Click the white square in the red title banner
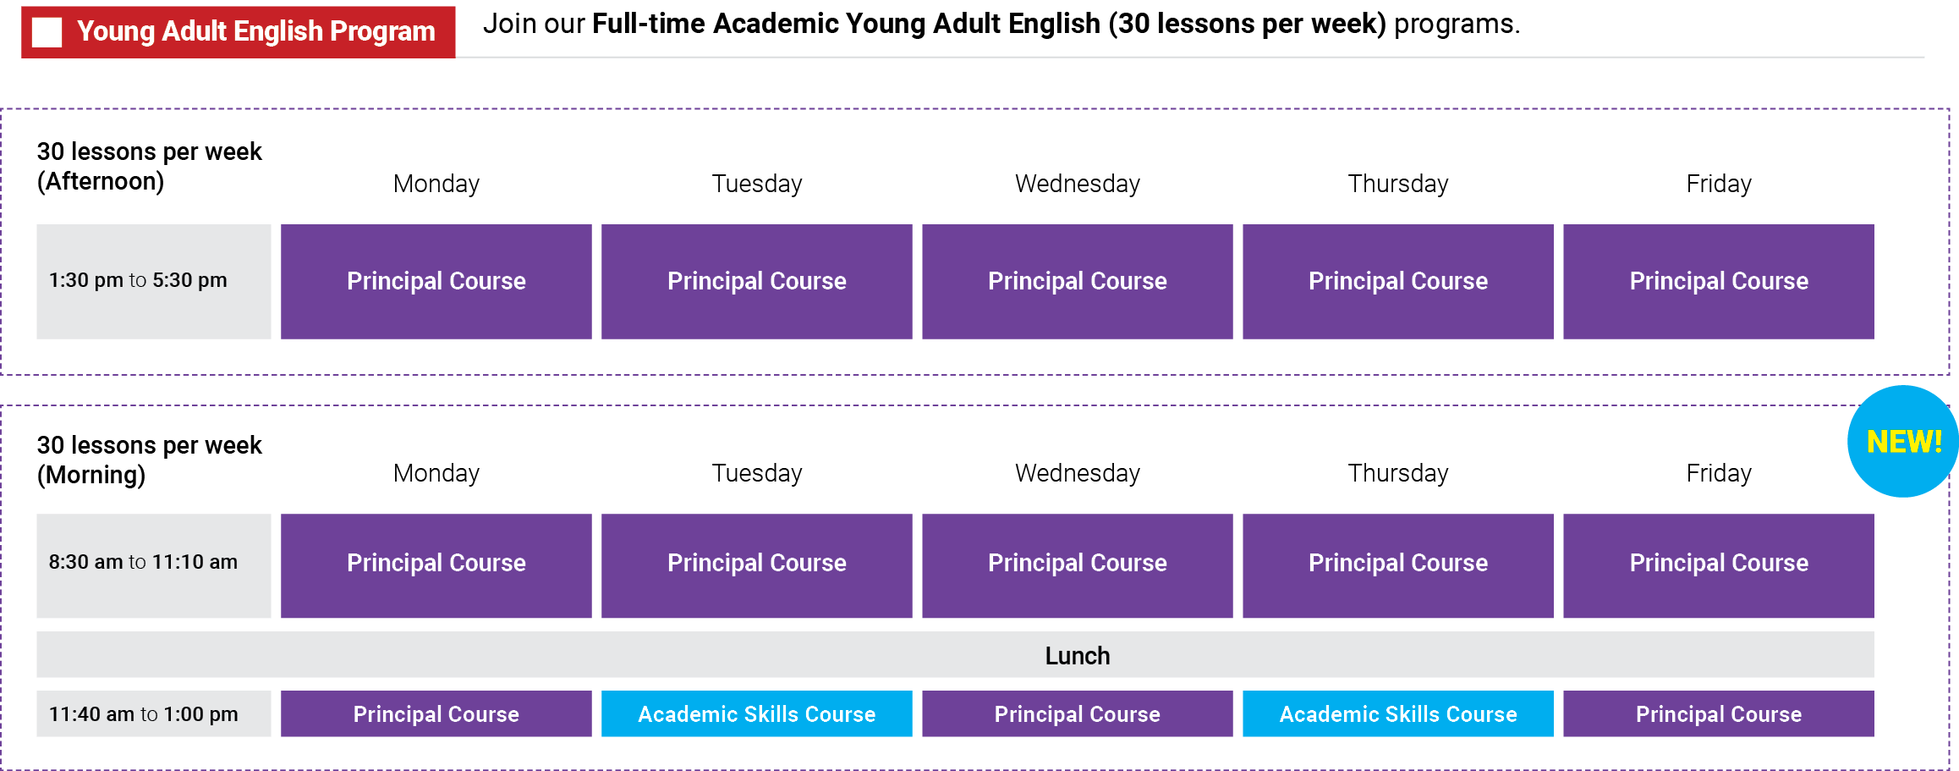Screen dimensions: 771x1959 (x=47, y=32)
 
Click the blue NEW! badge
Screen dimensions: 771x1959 (x=1902, y=441)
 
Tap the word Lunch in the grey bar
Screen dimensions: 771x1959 (x=1077, y=656)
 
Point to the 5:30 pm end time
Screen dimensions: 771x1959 (x=189, y=280)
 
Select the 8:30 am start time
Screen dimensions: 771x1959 (x=85, y=562)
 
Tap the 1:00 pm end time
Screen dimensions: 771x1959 (x=200, y=714)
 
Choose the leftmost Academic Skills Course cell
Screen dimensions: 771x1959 (x=756, y=714)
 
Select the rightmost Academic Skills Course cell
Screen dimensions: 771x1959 (x=1397, y=714)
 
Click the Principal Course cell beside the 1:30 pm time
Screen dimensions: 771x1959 (x=436, y=281)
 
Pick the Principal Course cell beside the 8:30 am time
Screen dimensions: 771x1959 (x=436, y=564)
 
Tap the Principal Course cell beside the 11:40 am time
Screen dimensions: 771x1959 (x=436, y=714)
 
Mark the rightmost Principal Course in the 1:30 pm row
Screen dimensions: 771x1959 (x=1718, y=281)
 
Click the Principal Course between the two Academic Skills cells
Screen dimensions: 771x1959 (x=1077, y=714)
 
